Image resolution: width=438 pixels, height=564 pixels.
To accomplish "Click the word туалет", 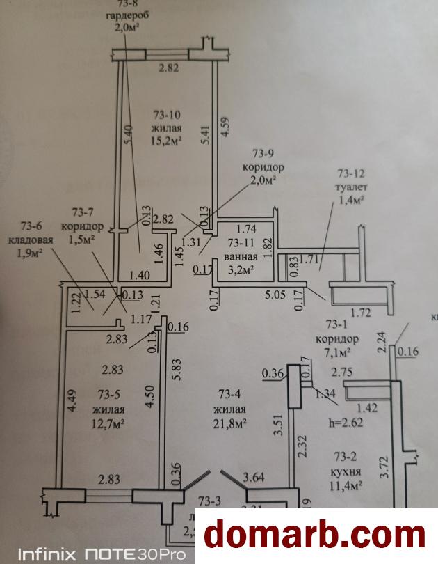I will tap(352, 187).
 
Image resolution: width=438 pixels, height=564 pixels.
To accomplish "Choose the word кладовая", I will tap(36, 240).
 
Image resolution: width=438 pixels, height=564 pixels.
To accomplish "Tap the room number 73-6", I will tap(32, 226).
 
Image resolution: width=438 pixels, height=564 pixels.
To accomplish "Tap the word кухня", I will tap(345, 472).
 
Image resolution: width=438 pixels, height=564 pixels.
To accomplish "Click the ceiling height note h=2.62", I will tap(347, 421).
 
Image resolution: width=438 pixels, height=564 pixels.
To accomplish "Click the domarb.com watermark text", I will tap(317, 535).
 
